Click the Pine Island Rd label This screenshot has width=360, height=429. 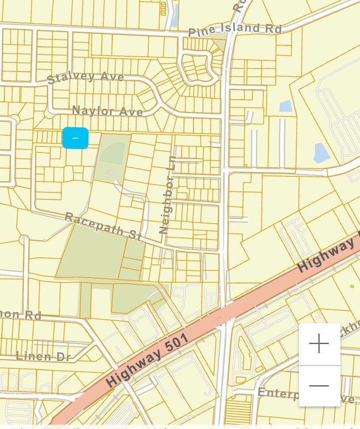point(235,29)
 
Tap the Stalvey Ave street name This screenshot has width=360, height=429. point(85,76)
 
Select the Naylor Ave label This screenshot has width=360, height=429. point(107,111)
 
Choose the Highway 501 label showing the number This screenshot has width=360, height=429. point(147,360)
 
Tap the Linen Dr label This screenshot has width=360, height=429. point(43,356)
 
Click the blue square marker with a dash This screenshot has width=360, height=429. point(75,138)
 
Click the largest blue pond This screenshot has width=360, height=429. point(322,153)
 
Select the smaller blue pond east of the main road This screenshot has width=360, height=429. point(285,106)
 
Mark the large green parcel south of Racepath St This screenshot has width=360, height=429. point(89,252)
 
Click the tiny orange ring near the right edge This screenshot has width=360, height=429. point(351,286)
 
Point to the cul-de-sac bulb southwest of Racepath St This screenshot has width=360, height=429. point(24,240)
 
